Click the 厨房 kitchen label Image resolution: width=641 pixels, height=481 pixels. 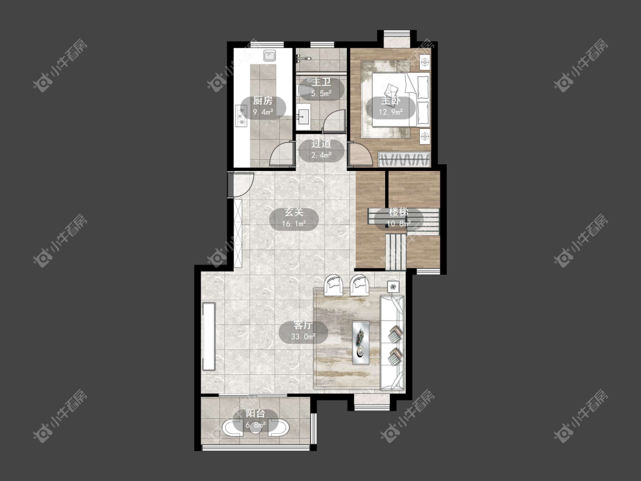pos(263,101)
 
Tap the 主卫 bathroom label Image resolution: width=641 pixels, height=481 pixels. pos(321,82)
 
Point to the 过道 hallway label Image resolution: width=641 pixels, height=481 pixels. pos(321,144)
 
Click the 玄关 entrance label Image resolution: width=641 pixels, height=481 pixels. pos(294,213)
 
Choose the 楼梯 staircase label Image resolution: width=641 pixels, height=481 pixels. pos(399,212)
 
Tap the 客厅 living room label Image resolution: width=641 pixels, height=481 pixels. pos(303,325)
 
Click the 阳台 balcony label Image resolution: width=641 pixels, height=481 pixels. pos(255,414)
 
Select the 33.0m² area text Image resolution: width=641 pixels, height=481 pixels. pos(303,337)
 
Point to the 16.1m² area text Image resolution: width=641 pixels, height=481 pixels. pos(294,224)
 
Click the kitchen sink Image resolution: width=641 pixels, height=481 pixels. pos(270,56)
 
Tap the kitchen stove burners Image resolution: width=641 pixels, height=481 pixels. pos(241,115)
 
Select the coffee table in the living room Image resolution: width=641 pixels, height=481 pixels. pos(361,343)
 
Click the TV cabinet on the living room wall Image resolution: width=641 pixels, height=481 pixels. pos(209,336)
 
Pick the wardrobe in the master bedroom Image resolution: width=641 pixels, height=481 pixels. pos(405,159)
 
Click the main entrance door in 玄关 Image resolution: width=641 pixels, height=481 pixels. pos(242,185)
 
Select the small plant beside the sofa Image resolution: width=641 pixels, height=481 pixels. pos(393,287)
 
